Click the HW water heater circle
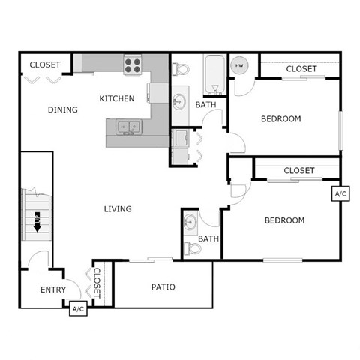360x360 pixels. pyautogui.click(x=240, y=66)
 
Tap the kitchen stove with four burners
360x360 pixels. pyautogui.click(x=133, y=65)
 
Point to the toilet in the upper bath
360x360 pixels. pyautogui.click(x=180, y=69)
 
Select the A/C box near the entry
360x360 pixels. pyautogui.click(x=78, y=307)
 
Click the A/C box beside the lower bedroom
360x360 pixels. pyautogui.click(x=340, y=193)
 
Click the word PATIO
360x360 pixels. pyautogui.click(x=163, y=286)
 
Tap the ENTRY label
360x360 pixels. pyautogui.click(x=53, y=289)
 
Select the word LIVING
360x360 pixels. pyautogui.click(x=118, y=208)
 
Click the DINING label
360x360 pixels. pyautogui.click(x=63, y=109)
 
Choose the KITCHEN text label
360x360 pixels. pyautogui.click(x=117, y=98)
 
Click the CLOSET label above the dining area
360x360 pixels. pyautogui.click(x=45, y=64)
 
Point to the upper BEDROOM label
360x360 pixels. pyautogui.click(x=281, y=118)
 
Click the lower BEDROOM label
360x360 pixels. pyautogui.click(x=284, y=220)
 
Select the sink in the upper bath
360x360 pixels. pyautogui.click(x=181, y=100)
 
